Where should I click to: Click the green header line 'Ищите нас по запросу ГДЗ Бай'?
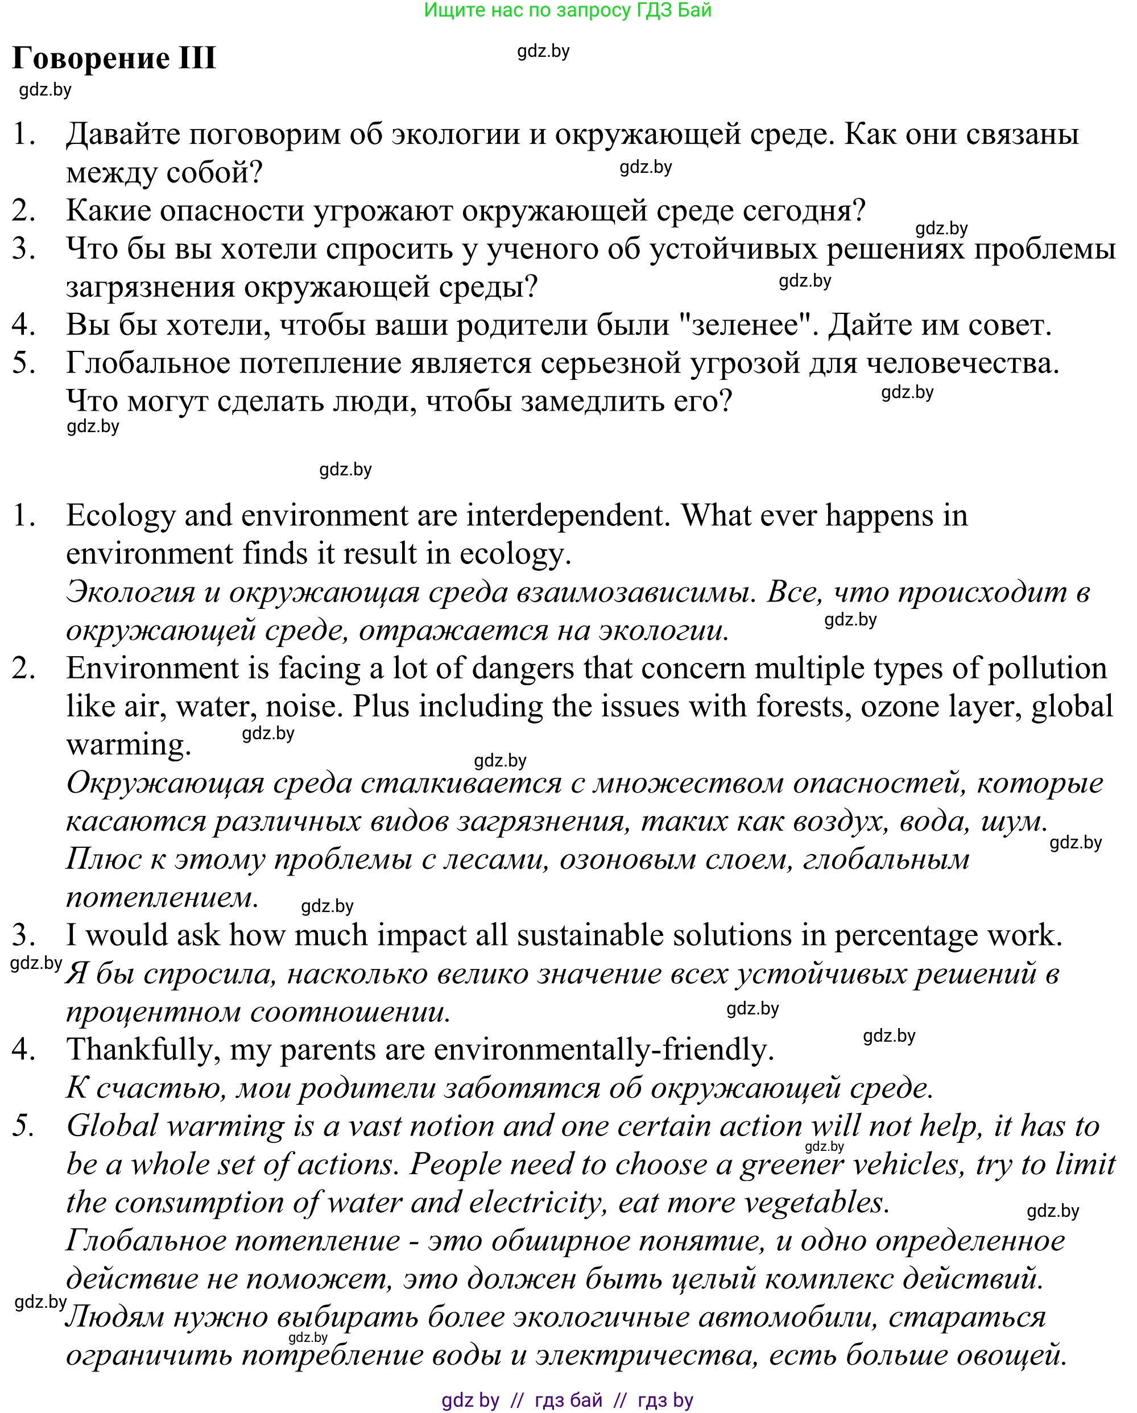567,10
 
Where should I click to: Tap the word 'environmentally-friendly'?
603,1049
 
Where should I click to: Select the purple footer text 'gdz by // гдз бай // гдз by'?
567,1400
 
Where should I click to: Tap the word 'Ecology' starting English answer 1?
121,516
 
